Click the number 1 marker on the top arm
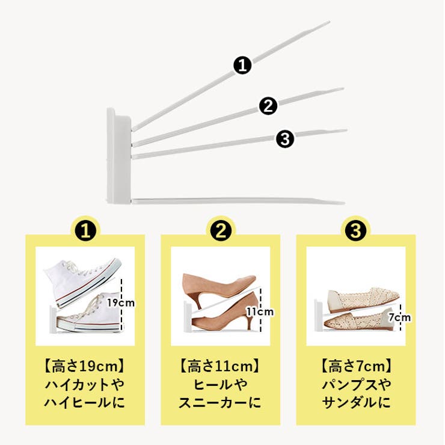[x=242, y=65]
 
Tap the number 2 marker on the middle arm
[x=268, y=106]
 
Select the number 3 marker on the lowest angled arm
[x=284, y=140]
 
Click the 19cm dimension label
[x=121, y=303]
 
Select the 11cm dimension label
[x=259, y=311]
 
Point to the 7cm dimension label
[x=399, y=317]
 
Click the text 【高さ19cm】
[x=85, y=366]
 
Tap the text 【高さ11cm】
[x=220, y=366]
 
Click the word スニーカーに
[x=220, y=402]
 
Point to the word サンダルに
[x=355, y=402]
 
